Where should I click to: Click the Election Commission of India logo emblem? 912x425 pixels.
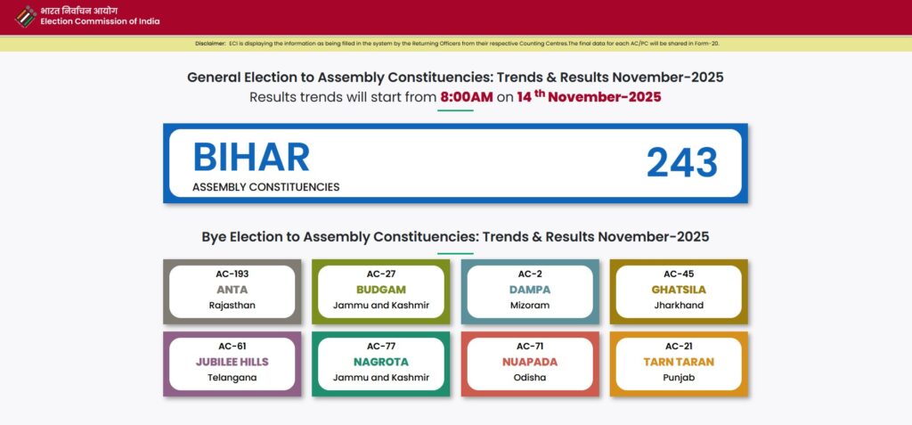click(x=27, y=16)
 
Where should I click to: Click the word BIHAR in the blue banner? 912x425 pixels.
click(x=251, y=158)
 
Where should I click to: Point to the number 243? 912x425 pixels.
click(x=681, y=162)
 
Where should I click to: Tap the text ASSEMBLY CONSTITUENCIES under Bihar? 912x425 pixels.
click(x=265, y=187)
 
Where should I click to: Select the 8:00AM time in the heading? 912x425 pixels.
click(x=466, y=97)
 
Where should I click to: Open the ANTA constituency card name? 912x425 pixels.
click(x=232, y=290)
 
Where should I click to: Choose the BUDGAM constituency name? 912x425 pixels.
click(x=380, y=290)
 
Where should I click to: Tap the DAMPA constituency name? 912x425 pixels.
click(x=530, y=290)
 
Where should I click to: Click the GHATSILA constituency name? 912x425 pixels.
click(x=678, y=290)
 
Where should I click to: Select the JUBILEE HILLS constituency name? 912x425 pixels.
click(x=232, y=362)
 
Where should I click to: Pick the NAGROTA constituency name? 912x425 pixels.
click(x=380, y=362)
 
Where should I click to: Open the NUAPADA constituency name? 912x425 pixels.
click(x=530, y=362)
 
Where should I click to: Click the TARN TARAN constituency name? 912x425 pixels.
click(x=678, y=362)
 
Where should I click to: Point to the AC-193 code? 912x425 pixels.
click(x=232, y=274)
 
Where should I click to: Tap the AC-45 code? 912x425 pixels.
click(x=678, y=274)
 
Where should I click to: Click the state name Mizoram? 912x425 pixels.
click(x=530, y=306)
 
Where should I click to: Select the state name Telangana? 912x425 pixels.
click(x=232, y=378)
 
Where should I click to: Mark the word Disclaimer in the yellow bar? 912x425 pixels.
click(x=210, y=43)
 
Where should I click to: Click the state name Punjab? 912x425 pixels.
click(x=678, y=378)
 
